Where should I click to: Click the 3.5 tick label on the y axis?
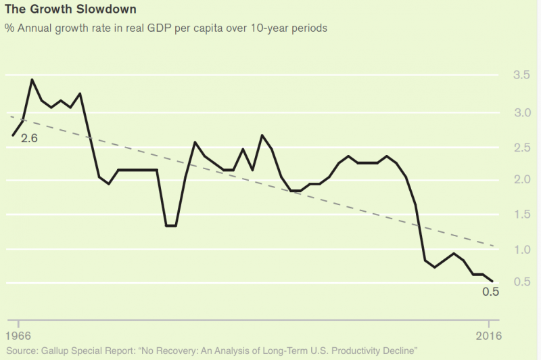523,74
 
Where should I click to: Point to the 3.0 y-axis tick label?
523,112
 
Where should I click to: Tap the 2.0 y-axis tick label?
523,179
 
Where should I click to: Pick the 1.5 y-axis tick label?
523,215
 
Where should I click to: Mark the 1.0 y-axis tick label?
523,250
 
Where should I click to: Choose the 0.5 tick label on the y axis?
523,282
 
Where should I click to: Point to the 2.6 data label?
29,139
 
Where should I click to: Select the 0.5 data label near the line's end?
490,292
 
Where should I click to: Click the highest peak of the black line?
32,80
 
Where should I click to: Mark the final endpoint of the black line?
492,281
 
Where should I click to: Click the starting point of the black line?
13,135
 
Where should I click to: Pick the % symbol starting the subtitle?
9,28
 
